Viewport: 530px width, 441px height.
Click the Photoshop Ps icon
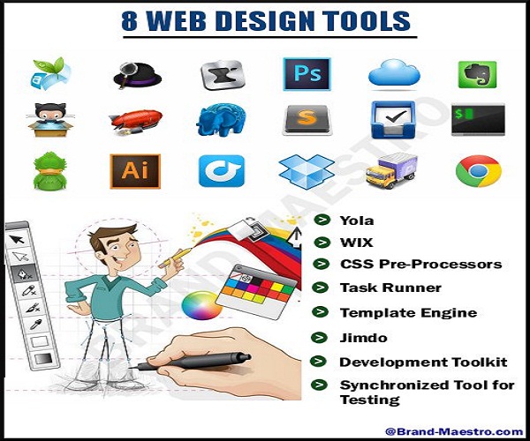[x=307, y=74]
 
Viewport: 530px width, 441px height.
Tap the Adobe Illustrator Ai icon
[x=135, y=171]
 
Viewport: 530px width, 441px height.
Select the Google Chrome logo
[x=478, y=171]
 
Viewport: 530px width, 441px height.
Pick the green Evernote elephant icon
[x=477, y=75]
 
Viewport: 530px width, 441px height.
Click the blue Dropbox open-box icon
[x=307, y=172]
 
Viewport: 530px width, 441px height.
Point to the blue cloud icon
[x=394, y=73]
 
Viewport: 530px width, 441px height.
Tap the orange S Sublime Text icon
[x=307, y=120]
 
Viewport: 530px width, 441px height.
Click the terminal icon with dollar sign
[x=478, y=119]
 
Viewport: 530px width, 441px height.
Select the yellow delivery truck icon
[x=391, y=171]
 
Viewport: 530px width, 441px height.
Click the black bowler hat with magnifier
[x=137, y=76]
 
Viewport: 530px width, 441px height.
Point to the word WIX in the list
[x=356, y=243]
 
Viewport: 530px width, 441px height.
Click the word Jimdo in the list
[x=363, y=338]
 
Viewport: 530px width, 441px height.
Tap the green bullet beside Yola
[x=322, y=220]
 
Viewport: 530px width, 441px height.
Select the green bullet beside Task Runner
[x=320, y=288]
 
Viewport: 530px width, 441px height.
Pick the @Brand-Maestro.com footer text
[x=454, y=431]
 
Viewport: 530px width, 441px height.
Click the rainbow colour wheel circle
[x=201, y=305]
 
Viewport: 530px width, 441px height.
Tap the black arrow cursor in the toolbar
[x=17, y=240]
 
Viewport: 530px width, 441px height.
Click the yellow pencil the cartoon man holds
[x=176, y=258]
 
